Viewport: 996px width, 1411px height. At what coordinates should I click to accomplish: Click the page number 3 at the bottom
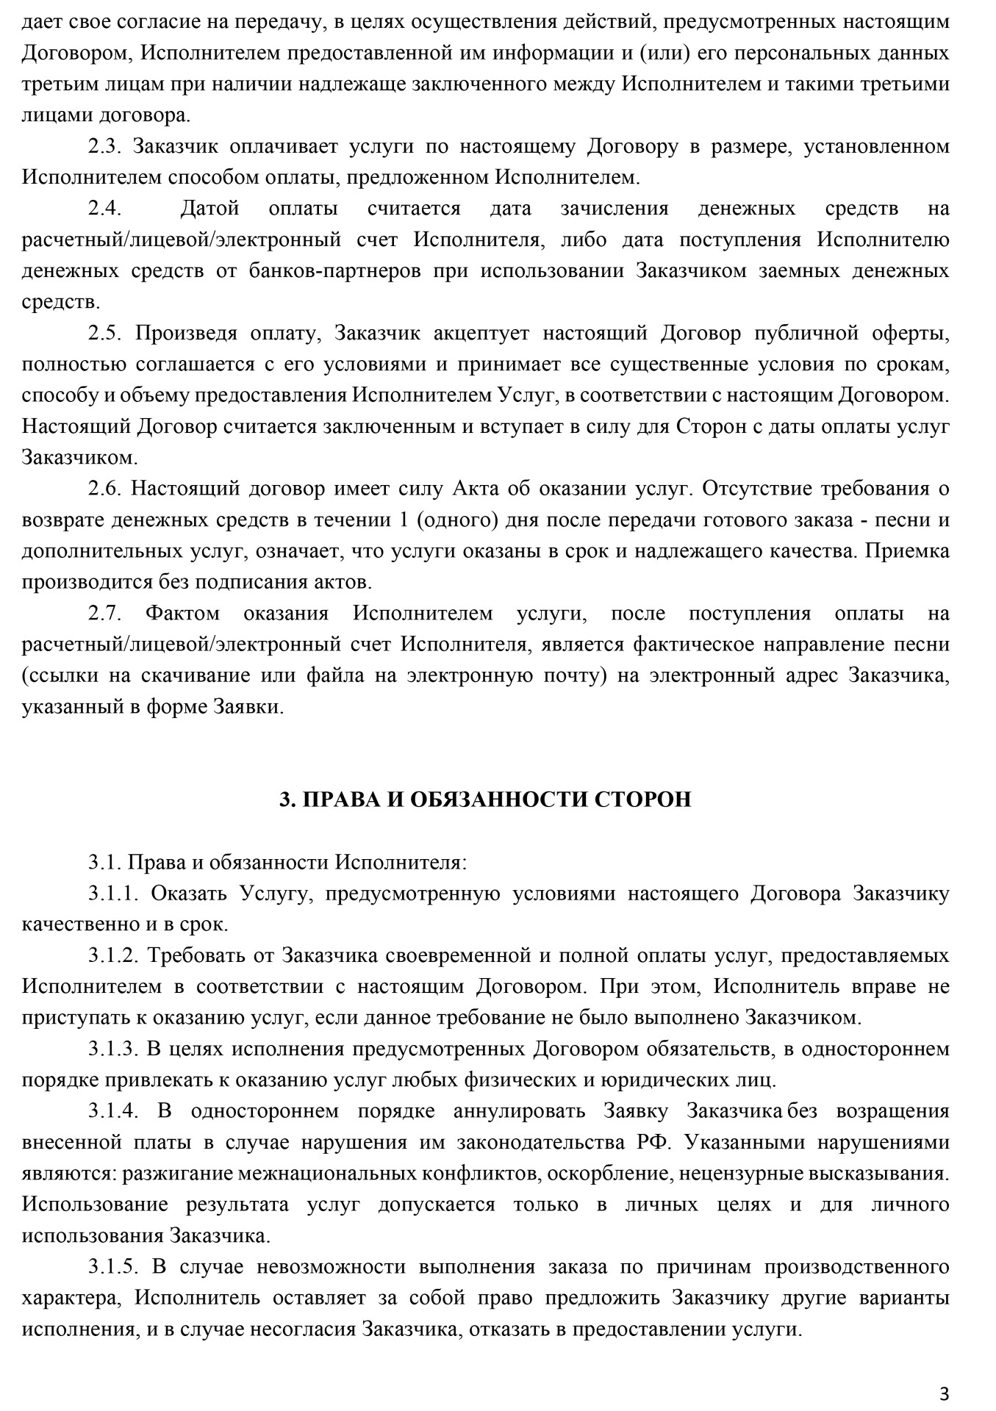(945, 1373)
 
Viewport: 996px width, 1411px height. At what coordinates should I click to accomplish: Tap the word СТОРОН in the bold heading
(641, 800)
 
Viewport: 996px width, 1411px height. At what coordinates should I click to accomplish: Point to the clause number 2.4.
(104, 209)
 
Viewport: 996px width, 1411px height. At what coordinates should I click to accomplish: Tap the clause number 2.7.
(104, 614)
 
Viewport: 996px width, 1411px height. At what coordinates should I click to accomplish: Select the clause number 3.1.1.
(114, 894)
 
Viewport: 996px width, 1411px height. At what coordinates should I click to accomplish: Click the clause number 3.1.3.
(114, 1049)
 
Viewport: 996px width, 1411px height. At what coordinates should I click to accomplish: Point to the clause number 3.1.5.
(114, 1267)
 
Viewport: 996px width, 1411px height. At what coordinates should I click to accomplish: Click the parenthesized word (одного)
(457, 520)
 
